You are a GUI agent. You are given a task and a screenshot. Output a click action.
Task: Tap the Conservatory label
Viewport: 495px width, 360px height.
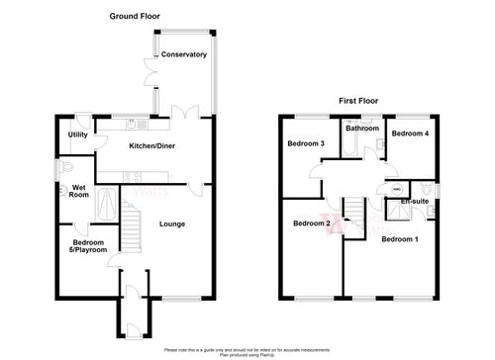tap(183, 54)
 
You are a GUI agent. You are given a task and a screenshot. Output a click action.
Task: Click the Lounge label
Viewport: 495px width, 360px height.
tap(171, 224)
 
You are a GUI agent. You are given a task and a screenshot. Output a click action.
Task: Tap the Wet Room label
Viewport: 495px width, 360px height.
tap(77, 190)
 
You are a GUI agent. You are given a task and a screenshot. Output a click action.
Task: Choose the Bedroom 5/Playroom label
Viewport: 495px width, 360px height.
tap(83, 247)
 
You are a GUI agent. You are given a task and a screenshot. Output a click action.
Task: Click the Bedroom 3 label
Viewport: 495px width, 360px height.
tap(306, 144)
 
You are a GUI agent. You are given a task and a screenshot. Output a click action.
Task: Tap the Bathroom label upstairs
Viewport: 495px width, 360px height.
tap(362, 128)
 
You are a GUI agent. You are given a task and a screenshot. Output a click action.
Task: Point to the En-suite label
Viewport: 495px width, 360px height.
tap(414, 202)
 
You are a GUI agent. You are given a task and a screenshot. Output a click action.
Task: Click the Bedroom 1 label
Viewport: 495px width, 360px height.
tap(400, 240)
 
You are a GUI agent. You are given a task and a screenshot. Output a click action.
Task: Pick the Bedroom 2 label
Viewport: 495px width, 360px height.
tap(311, 224)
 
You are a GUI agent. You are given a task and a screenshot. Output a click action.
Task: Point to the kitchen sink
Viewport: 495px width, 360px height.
tap(143, 126)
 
